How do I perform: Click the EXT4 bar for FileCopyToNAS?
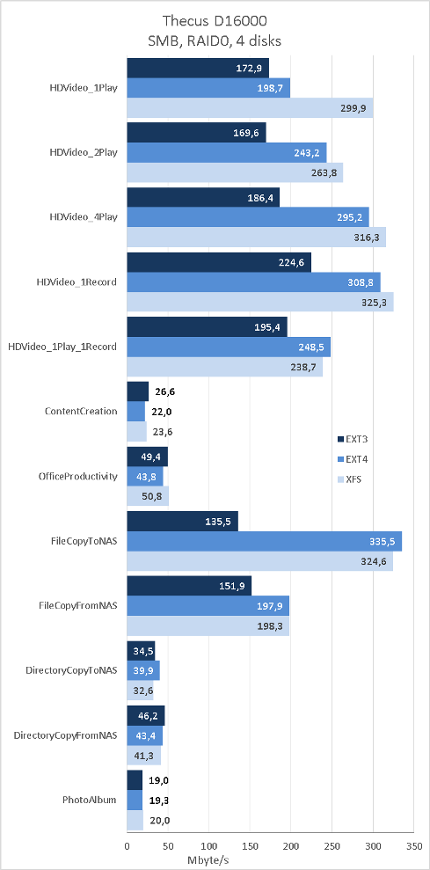point(265,542)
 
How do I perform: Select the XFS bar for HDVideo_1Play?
point(251,107)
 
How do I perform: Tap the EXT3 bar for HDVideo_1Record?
point(219,263)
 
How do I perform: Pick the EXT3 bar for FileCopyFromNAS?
point(189,586)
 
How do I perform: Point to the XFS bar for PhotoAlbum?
point(135,820)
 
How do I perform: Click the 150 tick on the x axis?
point(251,847)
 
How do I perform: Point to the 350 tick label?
point(414,847)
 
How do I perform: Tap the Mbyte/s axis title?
point(208,859)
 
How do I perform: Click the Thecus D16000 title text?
point(215,22)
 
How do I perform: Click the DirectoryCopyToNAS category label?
point(71,670)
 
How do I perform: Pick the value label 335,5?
point(380,542)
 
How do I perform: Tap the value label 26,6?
point(162,391)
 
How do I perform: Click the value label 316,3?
point(365,238)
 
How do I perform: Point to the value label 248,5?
point(309,347)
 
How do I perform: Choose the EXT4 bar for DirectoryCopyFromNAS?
point(145,735)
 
